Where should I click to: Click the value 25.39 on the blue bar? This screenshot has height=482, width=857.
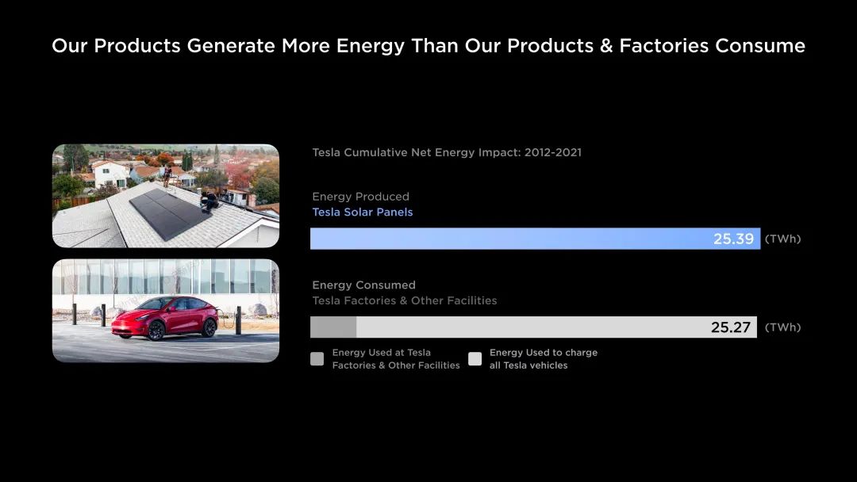tap(733, 239)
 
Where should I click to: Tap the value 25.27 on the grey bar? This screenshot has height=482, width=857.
tap(731, 327)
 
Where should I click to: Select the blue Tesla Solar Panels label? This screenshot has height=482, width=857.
tap(363, 212)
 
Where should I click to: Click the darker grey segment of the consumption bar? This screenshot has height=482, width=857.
tap(333, 327)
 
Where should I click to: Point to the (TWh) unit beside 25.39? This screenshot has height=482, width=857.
tap(782, 239)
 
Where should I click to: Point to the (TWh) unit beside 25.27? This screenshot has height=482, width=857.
tap(782, 327)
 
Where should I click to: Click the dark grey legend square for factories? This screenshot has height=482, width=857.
tap(317, 358)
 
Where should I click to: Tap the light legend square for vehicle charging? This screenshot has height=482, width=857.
tap(475, 358)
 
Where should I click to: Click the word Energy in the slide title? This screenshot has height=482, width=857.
tap(370, 47)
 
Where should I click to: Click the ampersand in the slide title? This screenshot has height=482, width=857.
tap(606, 46)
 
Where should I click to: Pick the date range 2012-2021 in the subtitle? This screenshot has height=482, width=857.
tap(552, 152)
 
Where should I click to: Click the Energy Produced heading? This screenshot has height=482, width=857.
tap(361, 197)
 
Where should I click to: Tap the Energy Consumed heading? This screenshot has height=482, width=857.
tap(364, 285)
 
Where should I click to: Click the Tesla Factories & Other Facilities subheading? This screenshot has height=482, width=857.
tap(405, 300)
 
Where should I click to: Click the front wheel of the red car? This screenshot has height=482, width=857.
tap(156, 331)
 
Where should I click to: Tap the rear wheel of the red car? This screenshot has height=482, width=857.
tap(209, 327)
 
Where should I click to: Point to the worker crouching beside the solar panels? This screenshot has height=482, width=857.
tap(209, 201)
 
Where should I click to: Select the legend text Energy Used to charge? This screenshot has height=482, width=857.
tap(544, 353)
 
